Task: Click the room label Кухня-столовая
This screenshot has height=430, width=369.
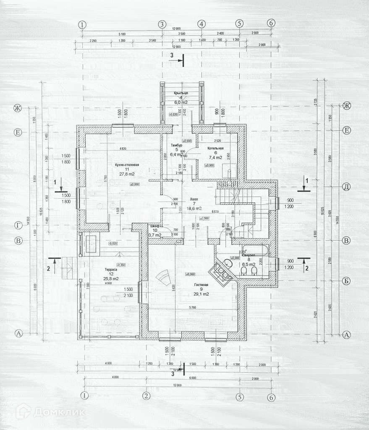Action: pos(126,165)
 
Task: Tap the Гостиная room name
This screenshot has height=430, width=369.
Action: pos(201,284)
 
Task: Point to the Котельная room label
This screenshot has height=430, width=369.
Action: pos(215,148)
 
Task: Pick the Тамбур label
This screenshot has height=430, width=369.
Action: pos(177,145)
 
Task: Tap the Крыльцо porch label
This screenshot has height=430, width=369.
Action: pos(181,93)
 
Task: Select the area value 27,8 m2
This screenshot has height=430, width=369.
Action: pos(126,174)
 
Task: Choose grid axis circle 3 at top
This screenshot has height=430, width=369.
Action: pos(162,24)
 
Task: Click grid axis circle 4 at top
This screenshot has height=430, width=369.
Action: pos(202,24)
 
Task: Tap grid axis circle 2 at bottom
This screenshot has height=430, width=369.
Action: pos(146,395)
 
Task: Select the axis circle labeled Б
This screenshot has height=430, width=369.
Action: pos(347,281)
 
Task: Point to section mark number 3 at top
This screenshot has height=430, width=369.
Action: pos(171,56)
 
